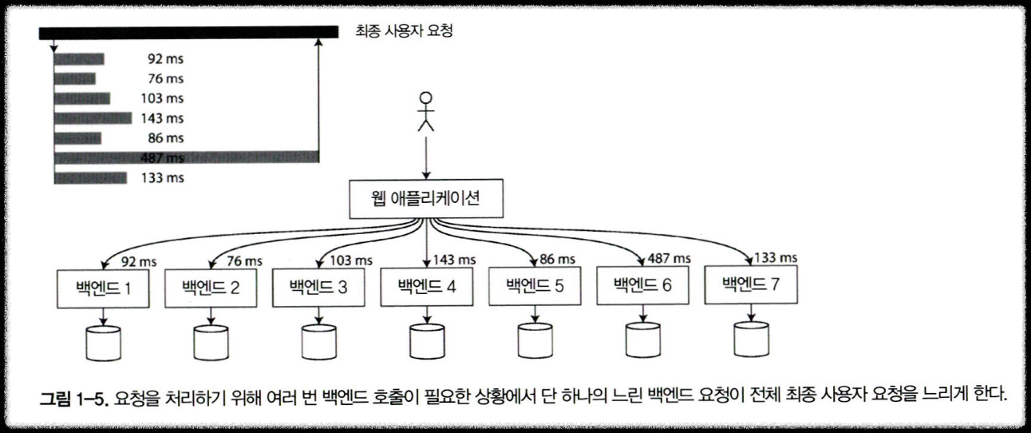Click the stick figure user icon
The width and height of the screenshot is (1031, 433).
tap(427, 111)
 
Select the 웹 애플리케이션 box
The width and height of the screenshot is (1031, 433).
tap(427, 200)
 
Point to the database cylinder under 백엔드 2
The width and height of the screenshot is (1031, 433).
tap(211, 341)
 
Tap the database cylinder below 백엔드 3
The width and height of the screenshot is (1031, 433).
tap(318, 341)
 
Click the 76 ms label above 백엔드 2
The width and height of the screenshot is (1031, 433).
tap(243, 261)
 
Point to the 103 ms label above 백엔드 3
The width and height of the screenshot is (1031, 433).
tap(352, 260)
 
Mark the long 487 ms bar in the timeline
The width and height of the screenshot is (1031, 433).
tap(187, 158)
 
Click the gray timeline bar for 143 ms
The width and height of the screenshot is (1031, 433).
tap(93, 118)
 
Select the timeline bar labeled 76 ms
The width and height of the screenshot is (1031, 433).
tap(75, 78)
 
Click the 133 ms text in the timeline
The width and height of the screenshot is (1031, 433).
tap(162, 178)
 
